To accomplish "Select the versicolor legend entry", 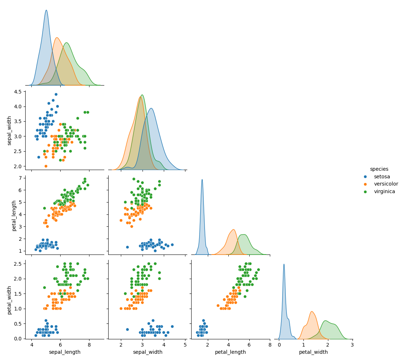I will pyautogui.click(x=386, y=184).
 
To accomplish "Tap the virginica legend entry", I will pyautogui.click(x=384, y=192).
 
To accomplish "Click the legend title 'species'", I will pyautogui.click(x=379, y=169).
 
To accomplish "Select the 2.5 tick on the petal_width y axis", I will pyautogui.click(x=18, y=264).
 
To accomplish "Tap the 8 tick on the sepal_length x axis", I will pyautogui.click(x=89, y=344).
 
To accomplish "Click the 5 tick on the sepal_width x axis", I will pyautogui.click(x=185, y=344).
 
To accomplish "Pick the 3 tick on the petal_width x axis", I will pyautogui.click(x=352, y=344).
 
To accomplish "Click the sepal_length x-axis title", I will pyautogui.click(x=65, y=352).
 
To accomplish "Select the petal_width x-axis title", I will pyautogui.click(x=313, y=352).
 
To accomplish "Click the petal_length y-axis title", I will pyautogui.click(x=14, y=216).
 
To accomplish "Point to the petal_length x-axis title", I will pyautogui.click(x=230, y=352).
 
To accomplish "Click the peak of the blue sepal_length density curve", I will pyautogui.click(x=46, y=10).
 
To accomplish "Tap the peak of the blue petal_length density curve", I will pyautogui.click(x=202, y=180).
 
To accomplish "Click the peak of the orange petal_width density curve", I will pyautogui.click(x=311, y=312).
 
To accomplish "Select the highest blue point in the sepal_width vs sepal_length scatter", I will pyautogui.click(x=56, y=94).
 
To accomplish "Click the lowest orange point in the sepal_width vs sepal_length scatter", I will pyautogui.click(x=46, y=166).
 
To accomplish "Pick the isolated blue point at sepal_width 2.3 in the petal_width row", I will pyautogui.click(x=127, y=329).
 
